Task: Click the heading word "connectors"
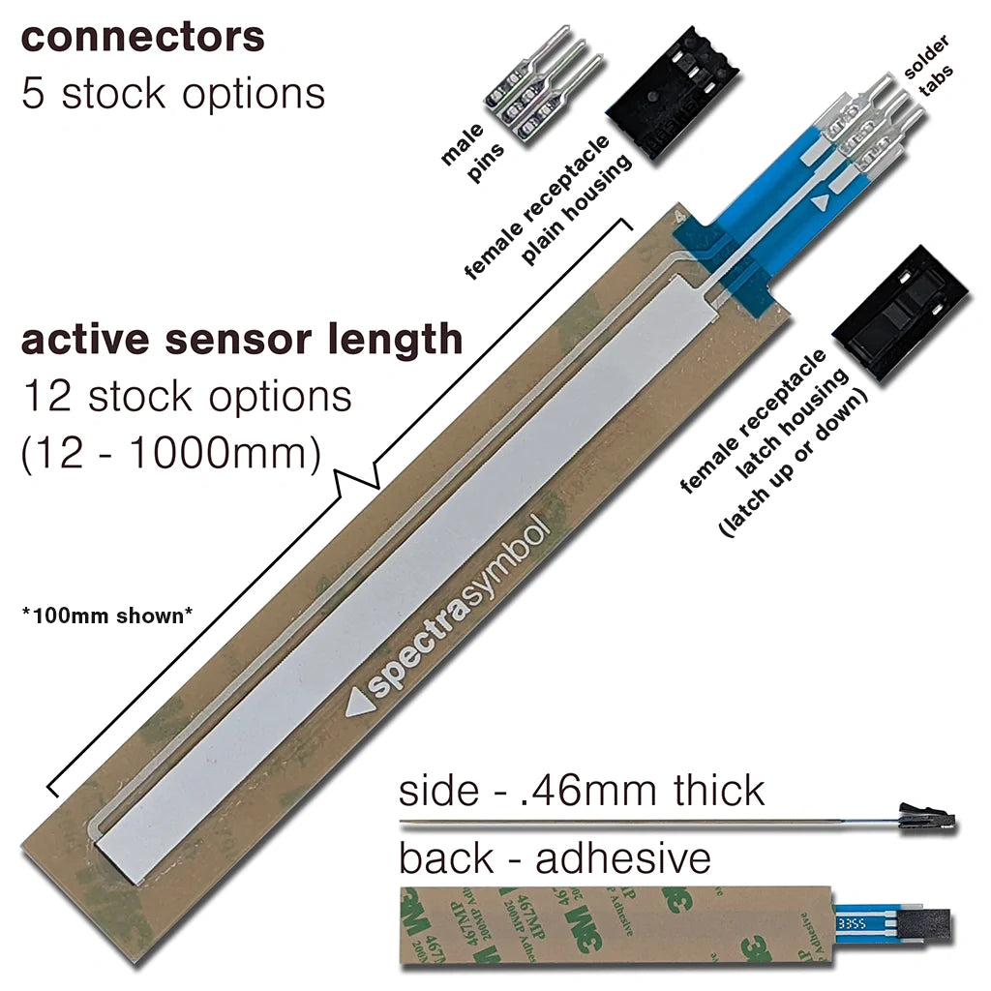tap(143, 38)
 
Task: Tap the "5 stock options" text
tap(173, 94)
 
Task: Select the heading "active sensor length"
tap(242, 341)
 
